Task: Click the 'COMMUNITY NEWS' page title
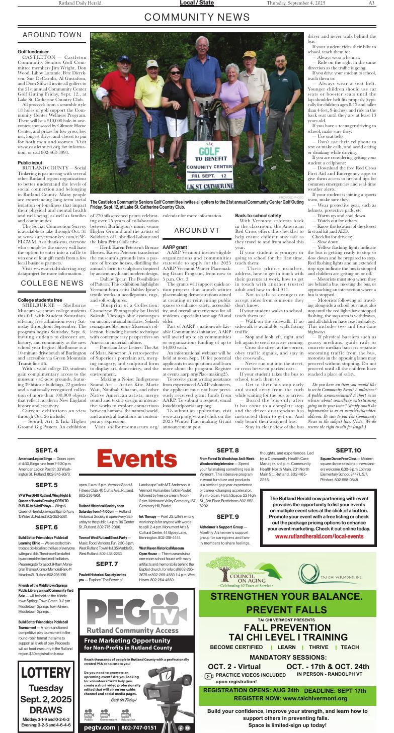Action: click(197, 18)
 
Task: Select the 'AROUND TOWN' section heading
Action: click(52, 35)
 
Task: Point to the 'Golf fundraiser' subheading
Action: click(33, 52)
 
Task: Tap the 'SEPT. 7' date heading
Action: click(107, 564)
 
